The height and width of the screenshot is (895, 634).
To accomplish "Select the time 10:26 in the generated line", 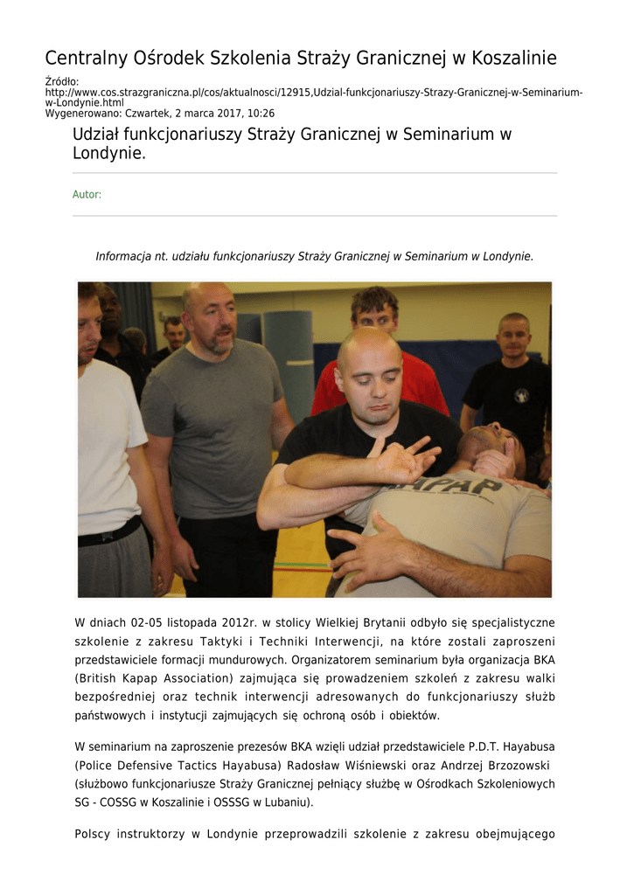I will [260, 114].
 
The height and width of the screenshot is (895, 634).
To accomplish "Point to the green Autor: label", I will [87, 195].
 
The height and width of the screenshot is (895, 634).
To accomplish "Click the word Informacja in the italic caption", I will [125, 256].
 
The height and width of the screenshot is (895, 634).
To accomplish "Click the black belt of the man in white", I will [108, 532].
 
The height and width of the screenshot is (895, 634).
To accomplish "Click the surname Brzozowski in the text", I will [509, 765].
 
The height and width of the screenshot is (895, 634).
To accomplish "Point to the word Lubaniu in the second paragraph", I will [279, 801].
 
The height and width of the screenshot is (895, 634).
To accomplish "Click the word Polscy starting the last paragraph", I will [93, 834].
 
